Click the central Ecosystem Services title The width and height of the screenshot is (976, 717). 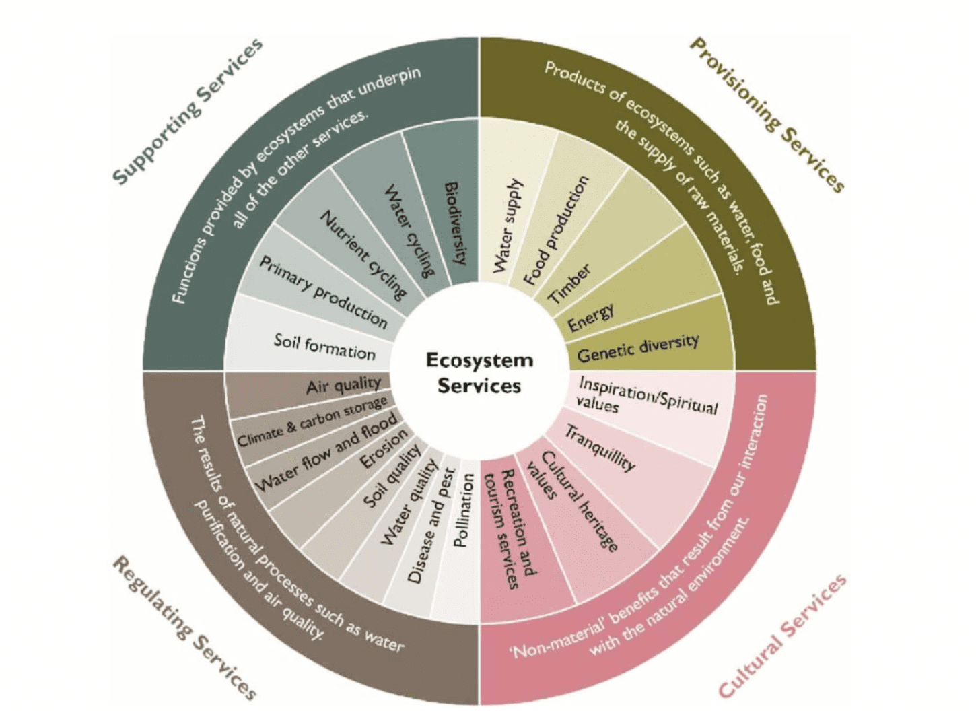[479, 372]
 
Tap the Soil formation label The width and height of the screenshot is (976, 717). [324, 346]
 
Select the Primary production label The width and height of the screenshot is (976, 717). [324, 292]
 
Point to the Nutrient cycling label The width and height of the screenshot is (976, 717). [363, 254]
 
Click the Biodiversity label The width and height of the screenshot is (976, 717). [456, 223]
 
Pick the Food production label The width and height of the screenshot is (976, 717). [556, 230]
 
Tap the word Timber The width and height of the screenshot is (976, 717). [570, 283]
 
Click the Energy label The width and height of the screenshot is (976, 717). [590, 318]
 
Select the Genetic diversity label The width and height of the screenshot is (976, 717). [637, 348]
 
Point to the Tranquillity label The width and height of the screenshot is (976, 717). [600, 448]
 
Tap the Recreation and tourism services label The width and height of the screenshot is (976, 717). [511, 529]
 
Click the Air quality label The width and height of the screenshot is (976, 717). [343, 386]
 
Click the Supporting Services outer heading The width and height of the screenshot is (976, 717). [187, 111]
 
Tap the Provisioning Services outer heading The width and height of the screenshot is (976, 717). [767, 114]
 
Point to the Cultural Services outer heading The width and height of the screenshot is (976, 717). [782, 636]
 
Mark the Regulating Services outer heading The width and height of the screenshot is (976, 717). [184, 628]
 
